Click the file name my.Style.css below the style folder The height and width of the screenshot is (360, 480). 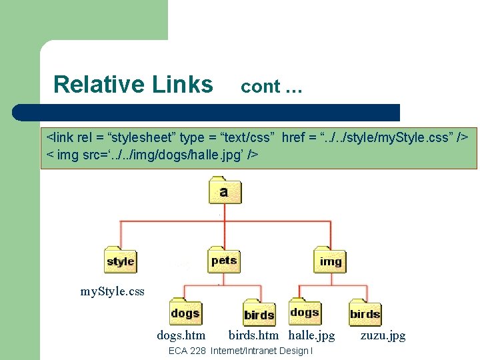point(112,291)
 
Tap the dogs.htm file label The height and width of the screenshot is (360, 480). point(181,335)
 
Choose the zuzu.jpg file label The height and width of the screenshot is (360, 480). point(383,335)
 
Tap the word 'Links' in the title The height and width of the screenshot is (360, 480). point(182,85)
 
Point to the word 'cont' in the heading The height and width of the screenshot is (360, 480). point(260,87)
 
